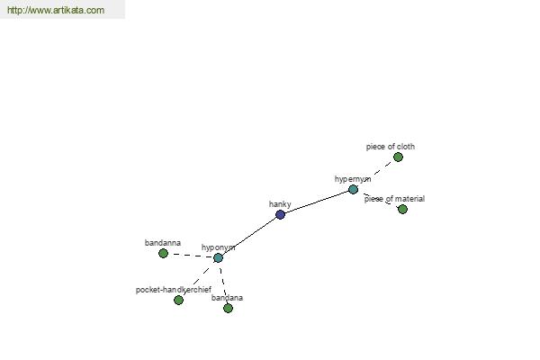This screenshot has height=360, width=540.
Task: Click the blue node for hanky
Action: [280, 214]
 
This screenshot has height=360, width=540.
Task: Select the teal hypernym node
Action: [353, 189]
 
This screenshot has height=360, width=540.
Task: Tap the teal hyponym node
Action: [218, 257]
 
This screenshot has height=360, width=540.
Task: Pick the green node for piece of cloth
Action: [398, 157]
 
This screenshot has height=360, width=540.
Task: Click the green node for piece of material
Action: [402, 209]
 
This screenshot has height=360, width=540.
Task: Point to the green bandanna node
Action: [163, 254]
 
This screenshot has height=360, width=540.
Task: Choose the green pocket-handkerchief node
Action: [178, 300]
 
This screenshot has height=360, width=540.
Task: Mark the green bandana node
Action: [228, 308]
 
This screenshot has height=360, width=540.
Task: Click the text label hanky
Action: [280, 204]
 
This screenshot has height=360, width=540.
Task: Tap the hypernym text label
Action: [353, 179]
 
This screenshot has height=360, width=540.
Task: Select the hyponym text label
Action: [219, 247]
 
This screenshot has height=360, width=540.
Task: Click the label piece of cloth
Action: [391, 147]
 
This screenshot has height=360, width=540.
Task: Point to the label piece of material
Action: [394, 199]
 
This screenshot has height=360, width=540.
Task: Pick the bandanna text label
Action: [163, 243]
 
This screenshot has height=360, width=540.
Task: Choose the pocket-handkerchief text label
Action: [174, 290]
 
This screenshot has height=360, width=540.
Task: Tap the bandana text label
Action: [228, 298]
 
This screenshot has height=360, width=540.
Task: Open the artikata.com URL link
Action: [56, 10]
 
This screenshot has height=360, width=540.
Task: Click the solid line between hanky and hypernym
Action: [317, 202]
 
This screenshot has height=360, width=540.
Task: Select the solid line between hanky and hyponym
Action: [249, 237]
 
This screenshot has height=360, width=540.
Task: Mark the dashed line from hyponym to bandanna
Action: [191, 256]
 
